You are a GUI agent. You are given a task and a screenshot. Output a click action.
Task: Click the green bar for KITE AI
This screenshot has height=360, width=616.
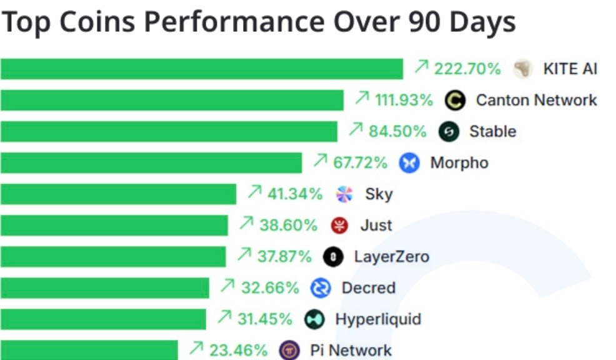(x=201, y=69)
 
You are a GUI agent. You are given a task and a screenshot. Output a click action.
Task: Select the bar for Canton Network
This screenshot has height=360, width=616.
(x=172, y=100)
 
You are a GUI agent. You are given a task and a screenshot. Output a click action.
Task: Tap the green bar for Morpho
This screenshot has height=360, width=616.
(x=151, y=162)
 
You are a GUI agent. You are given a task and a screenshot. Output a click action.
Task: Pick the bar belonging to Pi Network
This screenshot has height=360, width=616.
(x=89, y=350)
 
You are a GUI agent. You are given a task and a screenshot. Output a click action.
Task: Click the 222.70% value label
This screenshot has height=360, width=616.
(x=467, y=69)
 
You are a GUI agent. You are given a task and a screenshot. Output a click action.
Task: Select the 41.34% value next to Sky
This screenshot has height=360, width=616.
(x=295, y=194)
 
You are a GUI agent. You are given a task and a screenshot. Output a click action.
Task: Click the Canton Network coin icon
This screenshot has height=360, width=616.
(x=456, y=100)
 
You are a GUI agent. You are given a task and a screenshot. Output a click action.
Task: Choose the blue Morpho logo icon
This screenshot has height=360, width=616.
(x=410, y=163)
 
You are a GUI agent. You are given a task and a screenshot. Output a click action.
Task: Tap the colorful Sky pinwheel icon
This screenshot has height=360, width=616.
(x=344, y=194)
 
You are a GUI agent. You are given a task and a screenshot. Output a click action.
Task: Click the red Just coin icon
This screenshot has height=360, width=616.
(x=339, y=225)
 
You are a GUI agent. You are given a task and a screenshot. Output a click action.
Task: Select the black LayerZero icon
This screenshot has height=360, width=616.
(x=333, y=257)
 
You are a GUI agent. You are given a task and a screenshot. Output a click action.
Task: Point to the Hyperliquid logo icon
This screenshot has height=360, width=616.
(x=314, y=319)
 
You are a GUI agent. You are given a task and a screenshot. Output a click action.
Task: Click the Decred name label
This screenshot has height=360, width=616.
(x=368, y=288)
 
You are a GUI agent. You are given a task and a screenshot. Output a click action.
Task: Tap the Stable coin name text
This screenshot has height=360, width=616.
(x=492, y=131)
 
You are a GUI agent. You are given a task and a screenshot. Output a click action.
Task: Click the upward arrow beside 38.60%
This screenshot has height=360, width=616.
(x=247, y=222)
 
